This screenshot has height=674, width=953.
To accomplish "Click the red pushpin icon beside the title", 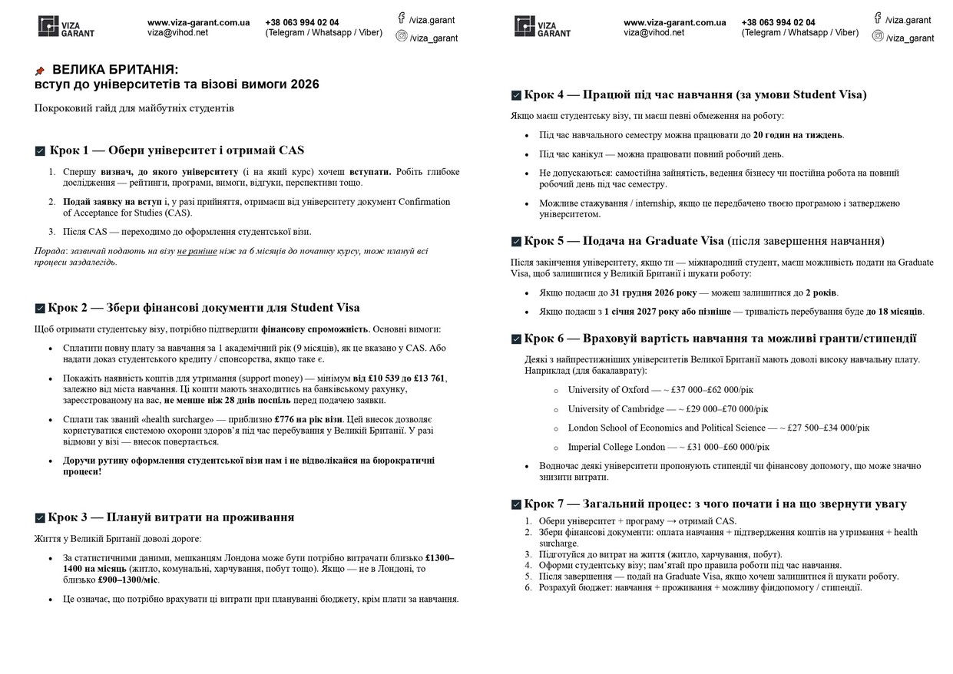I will pos(40,71).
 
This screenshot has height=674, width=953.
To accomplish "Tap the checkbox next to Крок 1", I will pos(40,151).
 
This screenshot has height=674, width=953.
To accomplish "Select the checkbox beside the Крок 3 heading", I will pos(40,518).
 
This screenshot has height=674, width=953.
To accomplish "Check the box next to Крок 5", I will pos(516,242).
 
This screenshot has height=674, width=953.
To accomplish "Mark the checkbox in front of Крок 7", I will pos(516,505).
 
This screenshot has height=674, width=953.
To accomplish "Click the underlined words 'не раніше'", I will pos(197,251).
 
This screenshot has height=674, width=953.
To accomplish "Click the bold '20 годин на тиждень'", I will pos(798,135).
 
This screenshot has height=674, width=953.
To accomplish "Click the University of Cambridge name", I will pos(616,409).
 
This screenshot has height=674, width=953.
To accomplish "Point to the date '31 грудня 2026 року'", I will pos(654,293).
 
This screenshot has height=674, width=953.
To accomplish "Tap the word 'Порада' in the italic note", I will pos(50,251).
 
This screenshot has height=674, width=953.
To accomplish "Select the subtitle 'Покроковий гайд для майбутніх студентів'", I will pos(134,108).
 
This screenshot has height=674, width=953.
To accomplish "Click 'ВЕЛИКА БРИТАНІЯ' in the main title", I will pos(115,70).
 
